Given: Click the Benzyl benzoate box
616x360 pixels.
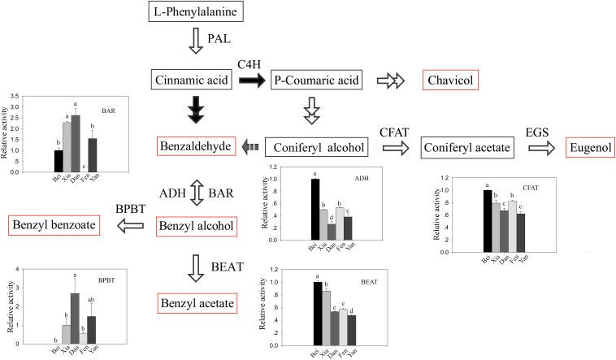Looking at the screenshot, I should (54, 224).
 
